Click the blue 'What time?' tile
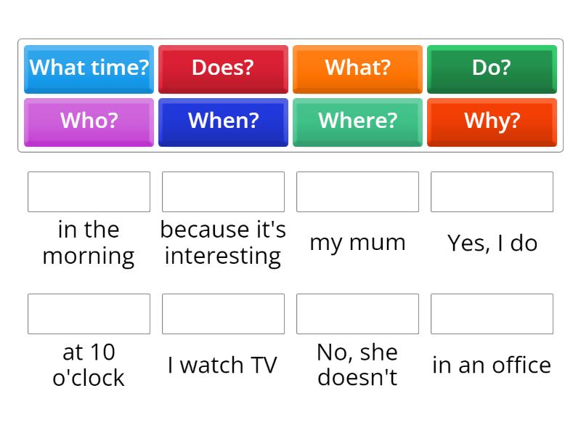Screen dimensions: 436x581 (x=89, y=68)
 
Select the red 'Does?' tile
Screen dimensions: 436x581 (x=223, y=68)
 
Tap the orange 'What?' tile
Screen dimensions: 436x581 (x=357, y=68)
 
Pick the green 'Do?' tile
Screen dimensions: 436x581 (x=492, y=68)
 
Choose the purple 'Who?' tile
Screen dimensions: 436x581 (x=89, y=121)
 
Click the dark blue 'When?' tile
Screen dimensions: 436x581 (x=223, y=121)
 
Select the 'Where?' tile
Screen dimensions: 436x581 (x=357, y=121)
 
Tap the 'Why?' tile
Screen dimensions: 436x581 (x=492, y=121)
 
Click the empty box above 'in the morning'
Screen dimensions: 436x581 (x=89, y=192)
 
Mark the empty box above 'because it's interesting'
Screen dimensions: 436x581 (x=223, y=192)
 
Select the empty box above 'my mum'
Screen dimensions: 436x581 (x=357, y=192)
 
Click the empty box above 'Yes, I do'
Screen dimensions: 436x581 (x=492, y=192)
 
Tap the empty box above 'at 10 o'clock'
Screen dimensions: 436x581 (x=89, y=314)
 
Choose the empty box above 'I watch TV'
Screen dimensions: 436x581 (x=223, y=314)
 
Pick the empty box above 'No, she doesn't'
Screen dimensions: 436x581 (x=357, y=314)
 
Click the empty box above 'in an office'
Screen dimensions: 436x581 (x=492, y=314)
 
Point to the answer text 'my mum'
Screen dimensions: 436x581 (x=357, y=243)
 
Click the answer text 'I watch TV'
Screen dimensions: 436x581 (x=222, y=365)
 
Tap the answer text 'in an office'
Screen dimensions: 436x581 (x=492, y=365)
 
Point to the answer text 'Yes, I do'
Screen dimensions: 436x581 (x=492, y=243)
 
